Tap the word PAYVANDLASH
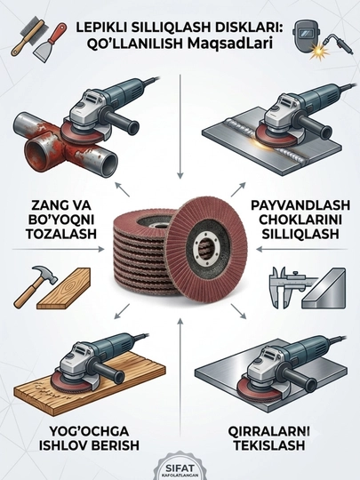pyautogui.click(x=300, y=205)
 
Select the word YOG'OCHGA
pyautogui.click(x=89, y=431)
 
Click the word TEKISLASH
pyautogui.click(x=269, y=445)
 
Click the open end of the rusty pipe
pyautogui.click(x=108, y=161)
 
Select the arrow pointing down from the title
pyautogui.click(x=180, y=126)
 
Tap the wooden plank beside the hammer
pyautogui.click(x=64, y=288)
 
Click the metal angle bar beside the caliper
pyautogui.click(x=324, y=288)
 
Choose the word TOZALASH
pyautogui.click(x=61, y=234)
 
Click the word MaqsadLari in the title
pyautogui.click(x=229, y=44)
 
